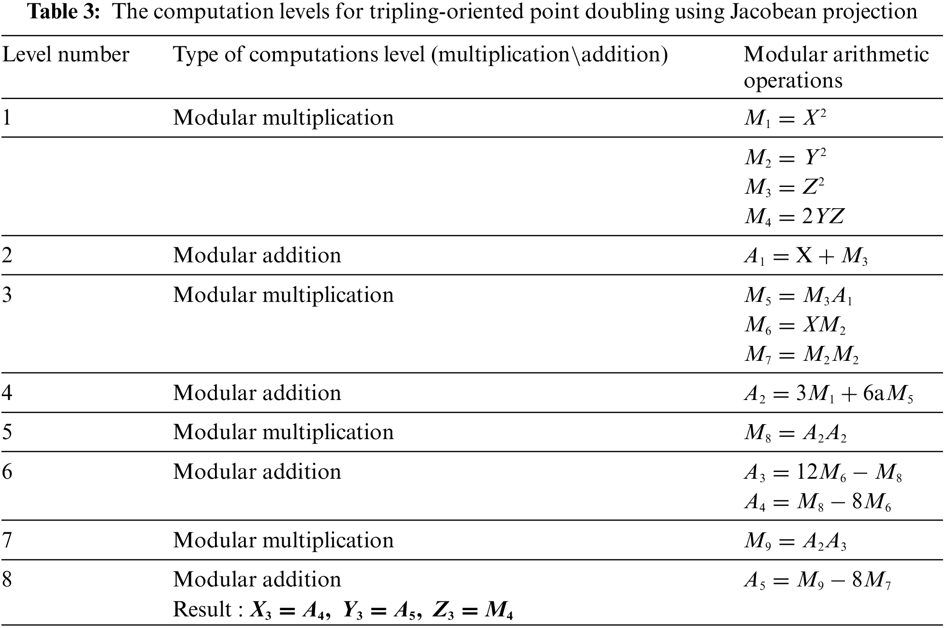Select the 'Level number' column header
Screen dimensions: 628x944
[66, 55]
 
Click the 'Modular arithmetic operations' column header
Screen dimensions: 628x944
[836, 67]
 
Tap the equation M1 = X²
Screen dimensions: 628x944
[785, 118]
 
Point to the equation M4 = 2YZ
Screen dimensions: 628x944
[794, 217]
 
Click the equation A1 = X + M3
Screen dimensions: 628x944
[805, 256]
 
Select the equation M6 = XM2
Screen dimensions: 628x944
[795, 326]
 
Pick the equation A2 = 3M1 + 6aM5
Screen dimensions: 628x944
[828, 394]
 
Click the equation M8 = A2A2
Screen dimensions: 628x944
[795, 433]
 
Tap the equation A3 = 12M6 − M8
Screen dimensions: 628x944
[823, 473]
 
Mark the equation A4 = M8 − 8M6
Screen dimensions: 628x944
[817, 503]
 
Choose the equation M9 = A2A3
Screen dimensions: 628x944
[795, 542]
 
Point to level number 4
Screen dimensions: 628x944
[7, 393]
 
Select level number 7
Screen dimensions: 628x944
[7, 540]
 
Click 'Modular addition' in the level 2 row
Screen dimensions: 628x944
[257, 256]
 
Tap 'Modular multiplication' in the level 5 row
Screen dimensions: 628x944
[283, 432]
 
